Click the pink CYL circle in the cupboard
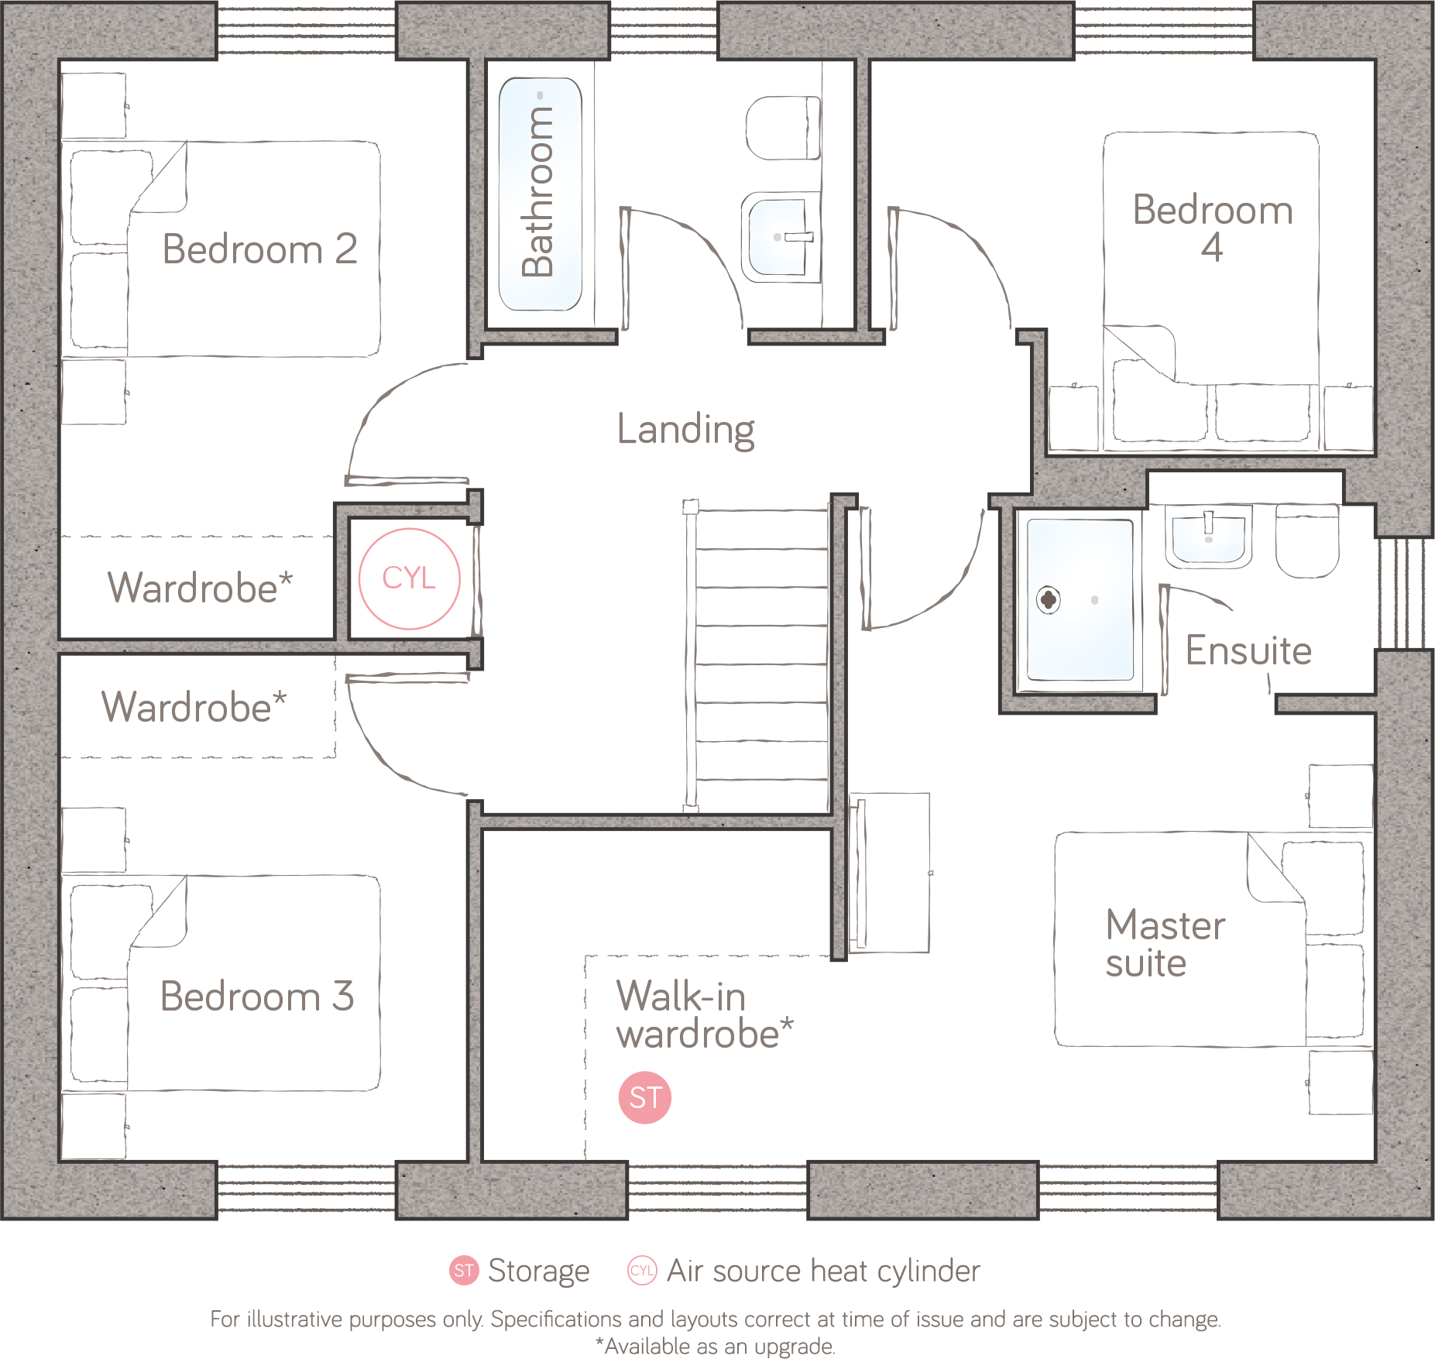click(410, 578)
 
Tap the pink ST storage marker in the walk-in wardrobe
click(644, 1096)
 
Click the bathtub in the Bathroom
click(540, 194)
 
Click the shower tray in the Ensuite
click(1080, 599)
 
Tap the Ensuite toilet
click(1307, 541)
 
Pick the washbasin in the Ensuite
click(1208, 536)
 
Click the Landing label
click(685, 430)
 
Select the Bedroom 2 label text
click(259, 249)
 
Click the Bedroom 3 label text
click(257, 996)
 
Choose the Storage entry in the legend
click(537, 1271)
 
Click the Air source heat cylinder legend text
click(822, 1271)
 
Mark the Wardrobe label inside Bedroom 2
click(199, 588)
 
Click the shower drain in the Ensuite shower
click(1048, 599)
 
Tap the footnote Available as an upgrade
click(716, 1347)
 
